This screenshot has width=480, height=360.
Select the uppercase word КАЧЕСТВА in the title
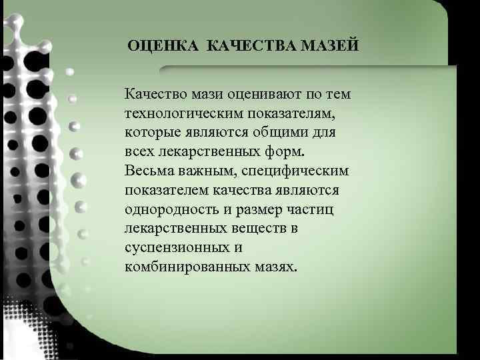point(251,46)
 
